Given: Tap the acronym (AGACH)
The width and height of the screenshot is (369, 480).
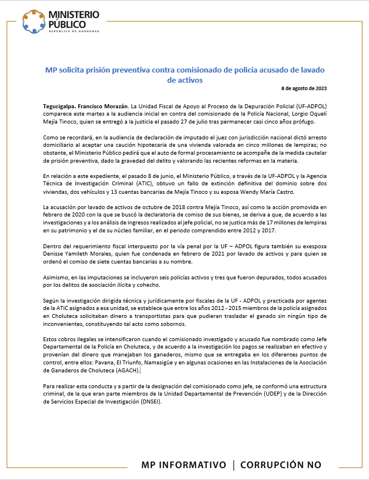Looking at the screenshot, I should [126, 371].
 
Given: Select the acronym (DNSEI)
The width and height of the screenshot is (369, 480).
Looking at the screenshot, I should [148, 400].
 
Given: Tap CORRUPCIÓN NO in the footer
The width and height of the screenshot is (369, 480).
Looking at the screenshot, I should [281, 465].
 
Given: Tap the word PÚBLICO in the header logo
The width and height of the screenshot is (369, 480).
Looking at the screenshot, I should [67, 24].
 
